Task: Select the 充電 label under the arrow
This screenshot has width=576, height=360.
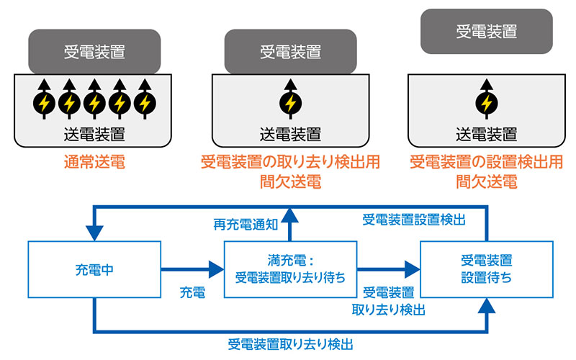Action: tap(192, 293)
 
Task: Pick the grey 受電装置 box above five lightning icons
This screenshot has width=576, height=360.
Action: tap(94, 51)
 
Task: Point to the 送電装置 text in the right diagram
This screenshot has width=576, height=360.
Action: tap(487, 133)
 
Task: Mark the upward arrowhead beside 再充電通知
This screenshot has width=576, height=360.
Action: tap(289, 211)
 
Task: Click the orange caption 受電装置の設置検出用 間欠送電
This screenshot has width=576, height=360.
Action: tap(486, 171)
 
